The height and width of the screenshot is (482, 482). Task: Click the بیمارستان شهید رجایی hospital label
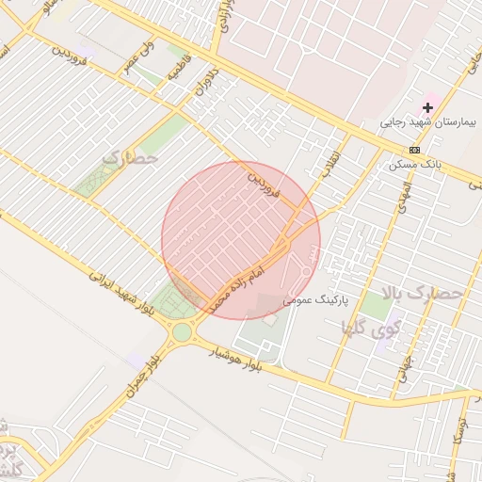pos(430,122)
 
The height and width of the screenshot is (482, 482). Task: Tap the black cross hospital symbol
pos(428,108)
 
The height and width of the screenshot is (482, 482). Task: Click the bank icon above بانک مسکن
pos(414,151)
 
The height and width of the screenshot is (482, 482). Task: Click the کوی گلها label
pos(372,329)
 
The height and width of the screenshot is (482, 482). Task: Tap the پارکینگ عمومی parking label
pos(316,299)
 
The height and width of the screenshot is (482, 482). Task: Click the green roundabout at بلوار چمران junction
pos(181,331)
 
